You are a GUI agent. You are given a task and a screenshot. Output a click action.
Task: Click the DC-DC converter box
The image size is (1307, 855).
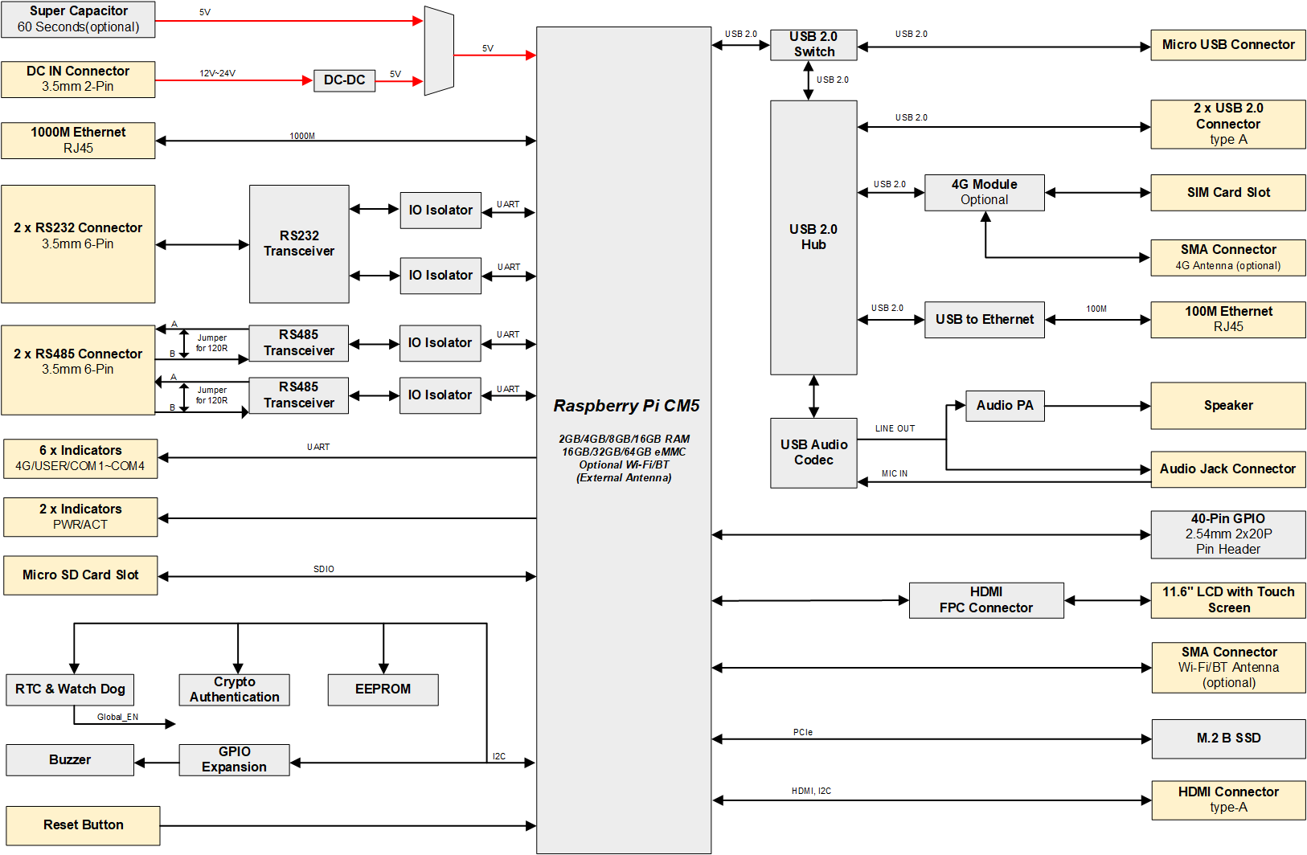click(344, 80)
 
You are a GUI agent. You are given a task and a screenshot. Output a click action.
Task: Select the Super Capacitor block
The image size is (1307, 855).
click(78, 19)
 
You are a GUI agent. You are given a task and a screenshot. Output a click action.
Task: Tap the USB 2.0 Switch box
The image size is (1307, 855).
click(813, 44)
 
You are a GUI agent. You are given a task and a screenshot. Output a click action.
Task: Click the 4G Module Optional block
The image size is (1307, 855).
click(984, 193)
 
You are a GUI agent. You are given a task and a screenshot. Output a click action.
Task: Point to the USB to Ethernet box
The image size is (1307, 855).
click(984, 320)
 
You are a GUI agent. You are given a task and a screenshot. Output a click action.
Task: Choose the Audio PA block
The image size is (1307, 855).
click(1005, 406)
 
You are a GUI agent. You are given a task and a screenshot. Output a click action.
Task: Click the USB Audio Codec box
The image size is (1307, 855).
click(813, 452)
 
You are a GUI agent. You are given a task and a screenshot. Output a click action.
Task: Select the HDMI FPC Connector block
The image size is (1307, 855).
click(985, 600)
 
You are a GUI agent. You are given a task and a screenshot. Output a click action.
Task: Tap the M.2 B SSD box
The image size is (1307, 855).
click(1227, 738)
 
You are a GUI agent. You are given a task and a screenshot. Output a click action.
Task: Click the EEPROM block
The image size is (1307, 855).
click(383, 689)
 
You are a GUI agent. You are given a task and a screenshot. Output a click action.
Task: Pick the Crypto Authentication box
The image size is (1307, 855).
click(234, 689)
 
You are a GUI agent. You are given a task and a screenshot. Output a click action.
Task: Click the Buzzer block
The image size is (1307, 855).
click(70, 760)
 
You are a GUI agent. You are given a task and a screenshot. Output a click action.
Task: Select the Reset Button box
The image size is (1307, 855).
click(83, 825)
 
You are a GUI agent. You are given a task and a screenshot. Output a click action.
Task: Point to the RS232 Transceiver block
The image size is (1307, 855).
click(299, 243)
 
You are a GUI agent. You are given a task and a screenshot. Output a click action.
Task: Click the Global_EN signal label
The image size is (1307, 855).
click(117, 717)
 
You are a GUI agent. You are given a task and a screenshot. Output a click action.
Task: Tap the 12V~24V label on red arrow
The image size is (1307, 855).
click(217, 73)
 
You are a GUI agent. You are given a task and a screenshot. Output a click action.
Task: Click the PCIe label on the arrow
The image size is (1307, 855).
click(802, 732)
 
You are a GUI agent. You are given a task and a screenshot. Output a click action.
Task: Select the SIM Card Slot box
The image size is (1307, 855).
click(1227, 193)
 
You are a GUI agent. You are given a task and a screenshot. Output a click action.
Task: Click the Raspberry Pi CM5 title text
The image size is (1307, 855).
click(626, 406)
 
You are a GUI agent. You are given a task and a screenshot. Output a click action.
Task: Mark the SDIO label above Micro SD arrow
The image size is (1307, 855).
click(323, 569)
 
